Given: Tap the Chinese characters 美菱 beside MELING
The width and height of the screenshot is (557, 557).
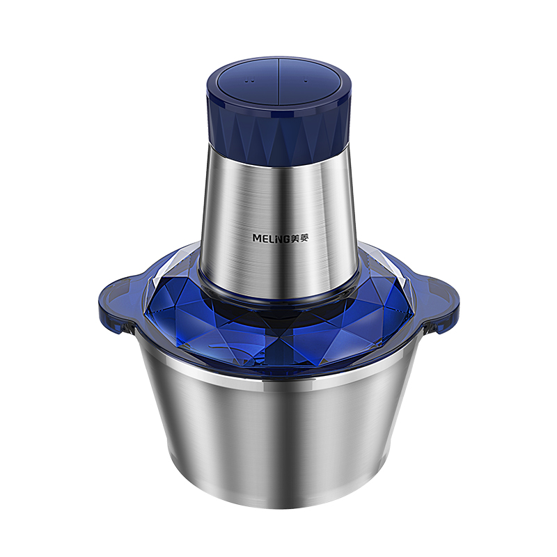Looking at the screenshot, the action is click(x=299, y=239).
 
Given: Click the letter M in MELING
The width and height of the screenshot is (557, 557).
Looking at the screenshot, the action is click(x=256, y=238).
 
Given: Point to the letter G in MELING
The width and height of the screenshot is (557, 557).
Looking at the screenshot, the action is click(x=286, y=239).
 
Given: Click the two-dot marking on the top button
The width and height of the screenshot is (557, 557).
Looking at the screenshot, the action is click(x=250, y=81).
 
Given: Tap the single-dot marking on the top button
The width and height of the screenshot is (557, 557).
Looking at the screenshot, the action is click(x=306, y=80).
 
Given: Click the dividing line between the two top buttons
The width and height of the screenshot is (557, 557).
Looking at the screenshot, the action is click(x=278, y=83).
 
